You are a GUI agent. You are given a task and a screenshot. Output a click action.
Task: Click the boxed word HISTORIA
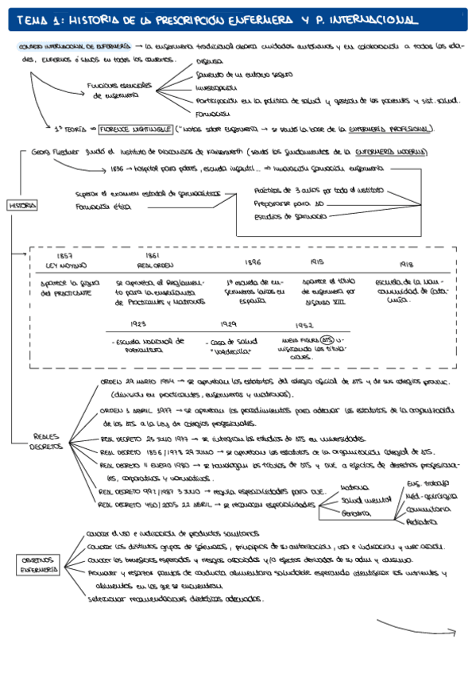click(23, 205)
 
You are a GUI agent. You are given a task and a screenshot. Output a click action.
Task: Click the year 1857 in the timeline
click(66, 256)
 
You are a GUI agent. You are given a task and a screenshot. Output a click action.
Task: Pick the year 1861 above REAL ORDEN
click(153, 256)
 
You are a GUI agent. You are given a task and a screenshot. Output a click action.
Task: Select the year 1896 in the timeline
click(253, 261)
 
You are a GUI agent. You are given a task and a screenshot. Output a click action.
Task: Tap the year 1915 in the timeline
click(317, 261)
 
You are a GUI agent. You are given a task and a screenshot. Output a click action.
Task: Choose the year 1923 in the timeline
click(139, 323)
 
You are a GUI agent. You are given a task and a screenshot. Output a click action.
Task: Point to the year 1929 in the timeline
click(230, 324)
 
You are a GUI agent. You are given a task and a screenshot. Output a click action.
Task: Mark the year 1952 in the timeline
click(304, 326)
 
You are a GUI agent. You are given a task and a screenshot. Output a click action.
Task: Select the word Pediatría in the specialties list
click(421, 522)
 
